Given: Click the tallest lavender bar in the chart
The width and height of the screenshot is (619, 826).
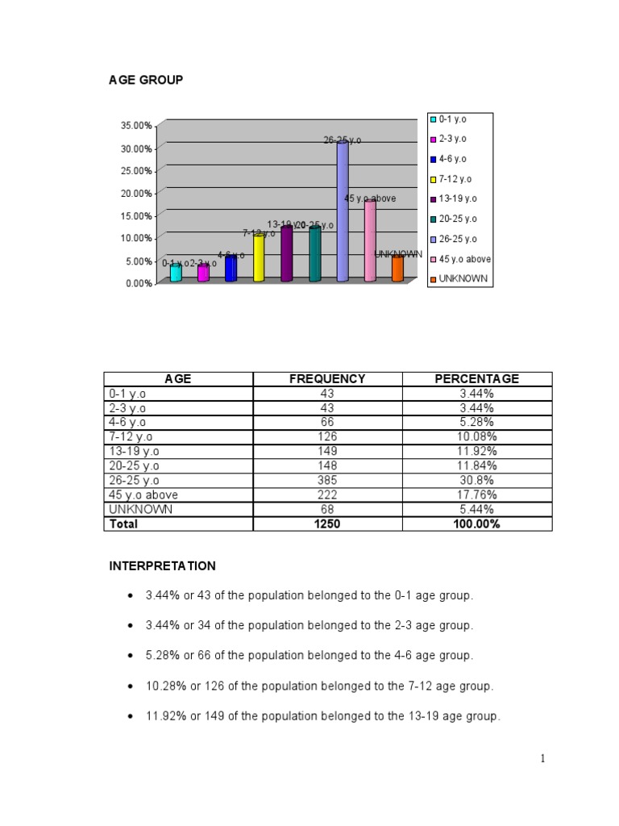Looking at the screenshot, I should tap(343, 211).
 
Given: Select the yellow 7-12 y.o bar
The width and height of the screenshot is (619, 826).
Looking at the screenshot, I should tap(259, 258).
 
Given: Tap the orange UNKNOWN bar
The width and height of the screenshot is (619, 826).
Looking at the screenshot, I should tap(397, 269).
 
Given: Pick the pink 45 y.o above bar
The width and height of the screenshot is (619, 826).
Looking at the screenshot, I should tap(370, 241).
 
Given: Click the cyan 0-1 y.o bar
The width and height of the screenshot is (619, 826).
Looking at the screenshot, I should tap(176, 273).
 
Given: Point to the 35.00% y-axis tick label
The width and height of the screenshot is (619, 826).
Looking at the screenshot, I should tap(136, 126).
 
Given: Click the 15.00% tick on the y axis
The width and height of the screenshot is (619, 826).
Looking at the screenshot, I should tap(136, 216).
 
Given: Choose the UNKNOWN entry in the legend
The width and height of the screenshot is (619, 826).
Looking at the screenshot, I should tap(459, 279).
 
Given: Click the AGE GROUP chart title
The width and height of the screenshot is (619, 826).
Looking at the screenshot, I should tap(146, 80).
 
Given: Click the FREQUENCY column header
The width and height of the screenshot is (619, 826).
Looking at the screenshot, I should tap(327, 379).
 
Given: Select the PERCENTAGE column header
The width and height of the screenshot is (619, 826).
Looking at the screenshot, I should tap(477, 379).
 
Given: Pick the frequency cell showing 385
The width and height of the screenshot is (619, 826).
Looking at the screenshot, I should tap(327, 480).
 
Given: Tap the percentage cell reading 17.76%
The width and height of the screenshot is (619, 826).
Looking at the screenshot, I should tap(477, 494).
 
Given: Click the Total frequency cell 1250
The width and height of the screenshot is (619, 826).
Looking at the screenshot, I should tap(327, 524).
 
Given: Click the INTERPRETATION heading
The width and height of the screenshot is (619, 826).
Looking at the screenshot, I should tap(163, 566).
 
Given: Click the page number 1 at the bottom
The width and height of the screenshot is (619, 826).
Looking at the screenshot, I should tap(543, 758).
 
